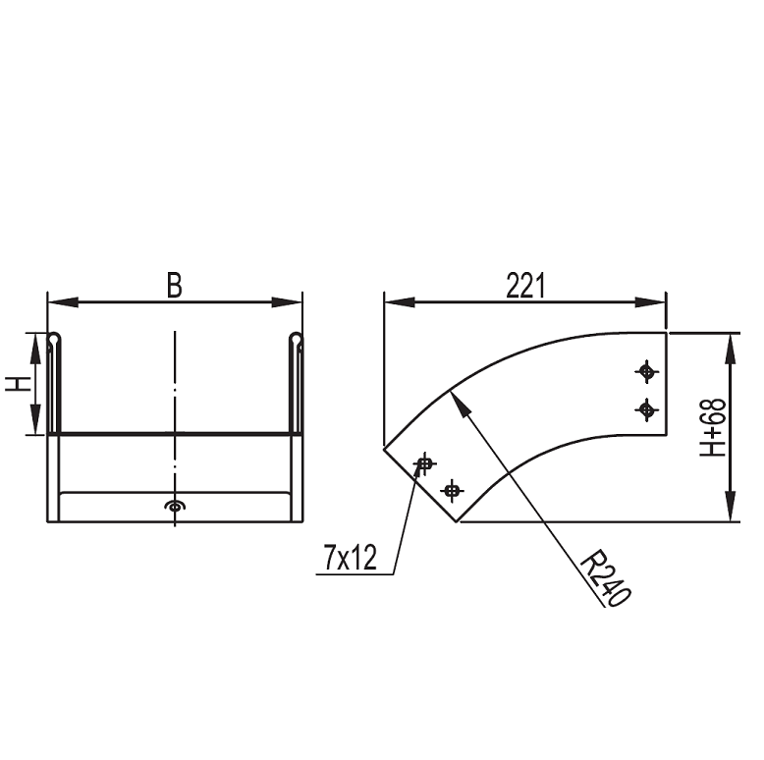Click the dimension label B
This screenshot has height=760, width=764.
(x=175, y=285)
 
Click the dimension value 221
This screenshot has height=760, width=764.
(x=525, y=286)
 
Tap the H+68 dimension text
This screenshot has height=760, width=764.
(x=712, y=428)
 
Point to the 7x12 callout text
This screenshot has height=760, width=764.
(x=351, y=558)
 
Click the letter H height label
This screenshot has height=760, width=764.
(x=19, y=383)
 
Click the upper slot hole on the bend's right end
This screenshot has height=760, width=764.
(x=646, y=372)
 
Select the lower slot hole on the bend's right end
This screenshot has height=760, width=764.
(x=646, y=409)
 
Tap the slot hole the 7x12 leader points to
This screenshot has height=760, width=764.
(x=425, y=463)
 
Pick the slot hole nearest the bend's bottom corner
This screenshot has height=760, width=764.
(x=452, y=490)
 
